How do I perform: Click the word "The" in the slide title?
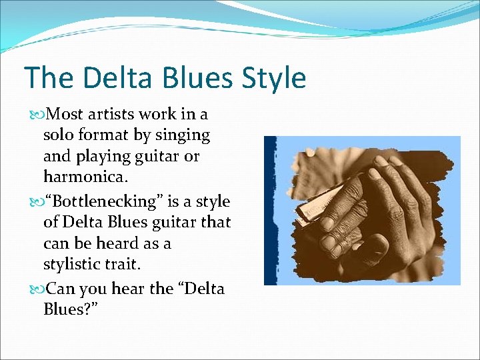(x=47, y=78)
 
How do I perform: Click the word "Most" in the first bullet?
(x=66, y=114)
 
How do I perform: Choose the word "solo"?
(x=59, y=136)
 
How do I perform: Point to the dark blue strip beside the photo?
(x=270, y=210)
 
